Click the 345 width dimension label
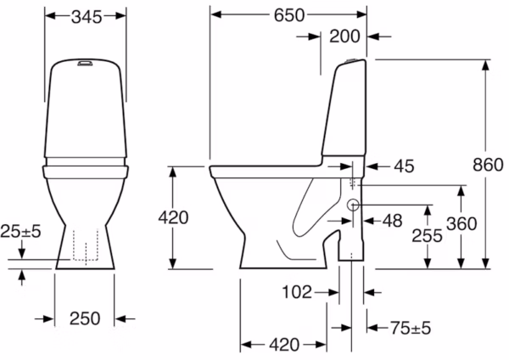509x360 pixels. (87, 17)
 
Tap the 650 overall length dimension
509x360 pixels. (289, 15)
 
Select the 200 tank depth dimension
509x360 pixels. (344, 36)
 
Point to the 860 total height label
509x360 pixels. (488, 165)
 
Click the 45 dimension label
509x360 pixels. (404, 166)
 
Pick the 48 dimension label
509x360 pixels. (393, 221)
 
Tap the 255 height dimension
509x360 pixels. (427, 236)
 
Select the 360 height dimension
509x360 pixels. (461, 224)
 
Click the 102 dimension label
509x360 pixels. (297, 292)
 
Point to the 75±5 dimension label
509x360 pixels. (411, 328)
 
